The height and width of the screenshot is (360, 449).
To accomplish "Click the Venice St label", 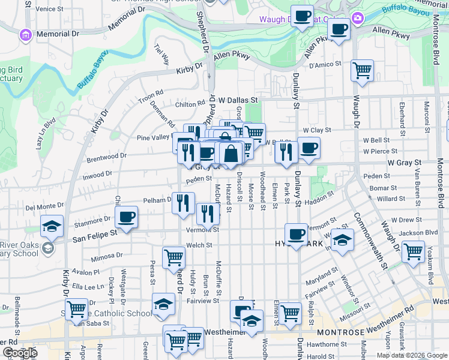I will click(49, 9).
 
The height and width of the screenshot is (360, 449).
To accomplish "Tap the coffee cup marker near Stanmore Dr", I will click(126, 218).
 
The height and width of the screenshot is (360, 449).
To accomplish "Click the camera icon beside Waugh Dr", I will click(358, 19).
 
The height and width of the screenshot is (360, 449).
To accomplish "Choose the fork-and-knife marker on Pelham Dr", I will click(183, 203).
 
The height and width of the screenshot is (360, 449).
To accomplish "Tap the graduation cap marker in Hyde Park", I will click(342, 241).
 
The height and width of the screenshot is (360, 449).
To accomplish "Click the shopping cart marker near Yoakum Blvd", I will click(413, 252).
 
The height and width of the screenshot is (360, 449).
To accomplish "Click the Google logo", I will click(20, 353).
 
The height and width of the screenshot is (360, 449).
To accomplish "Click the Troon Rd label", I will click(151, 94).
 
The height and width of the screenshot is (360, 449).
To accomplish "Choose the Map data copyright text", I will click(411, 355).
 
